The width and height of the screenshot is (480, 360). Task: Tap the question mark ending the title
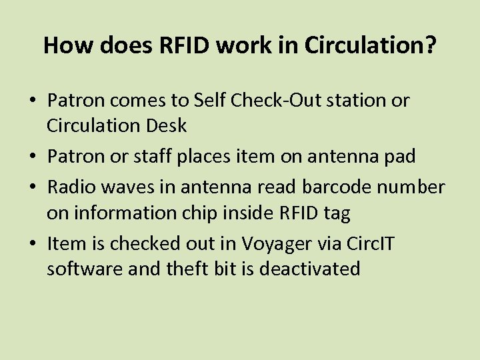(x=431, y=45)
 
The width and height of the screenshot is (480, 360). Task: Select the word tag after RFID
(x=337, y=213)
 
